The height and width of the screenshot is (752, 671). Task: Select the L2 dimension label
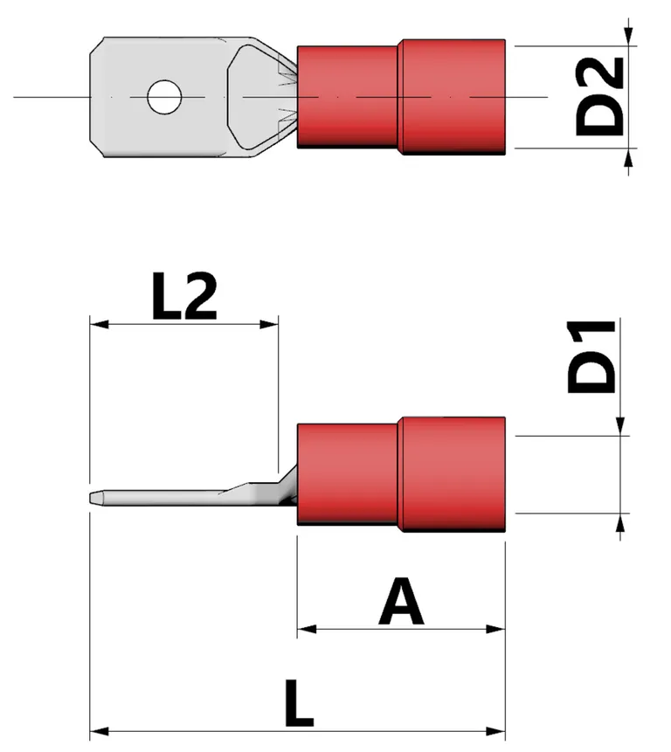pyautogui.click(x=183, y=300)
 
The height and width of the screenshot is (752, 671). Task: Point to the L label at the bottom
pyautogui.click(x=298, y=703)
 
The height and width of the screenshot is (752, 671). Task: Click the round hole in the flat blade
pyautogui.click(x=163, y=97)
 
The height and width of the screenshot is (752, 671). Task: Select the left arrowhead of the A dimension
pyautogui.click(x=305, y=628)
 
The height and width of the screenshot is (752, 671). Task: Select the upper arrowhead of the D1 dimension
pyautogui.click(x=620, y=425)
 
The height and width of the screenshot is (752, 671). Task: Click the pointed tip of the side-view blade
pyautogui.click(x=93, y=498)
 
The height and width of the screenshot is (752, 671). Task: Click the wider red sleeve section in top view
pyautogui.click(x=453, y=96)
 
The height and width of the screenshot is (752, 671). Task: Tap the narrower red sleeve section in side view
pyautogui.click(x=347, y=473)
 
